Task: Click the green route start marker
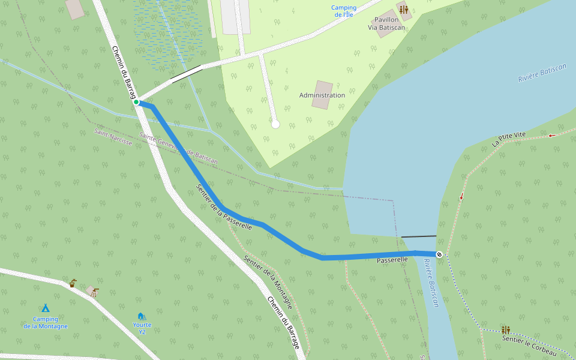136,103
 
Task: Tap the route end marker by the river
439,254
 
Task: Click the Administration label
322,95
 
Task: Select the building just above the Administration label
322,95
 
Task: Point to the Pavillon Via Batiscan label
386,23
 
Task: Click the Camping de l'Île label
344,11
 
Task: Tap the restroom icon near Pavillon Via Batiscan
403,10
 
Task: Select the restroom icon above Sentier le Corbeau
506,329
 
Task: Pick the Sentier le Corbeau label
529,346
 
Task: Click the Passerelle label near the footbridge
392,260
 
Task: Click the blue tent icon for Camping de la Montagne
45,308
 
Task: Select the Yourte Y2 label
142,328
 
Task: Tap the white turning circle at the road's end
275,124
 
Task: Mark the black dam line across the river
418,236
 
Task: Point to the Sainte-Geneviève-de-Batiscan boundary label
178,149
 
